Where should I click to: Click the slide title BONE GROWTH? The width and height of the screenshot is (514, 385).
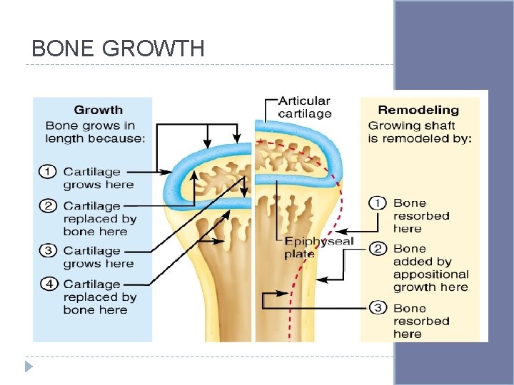(119, 48)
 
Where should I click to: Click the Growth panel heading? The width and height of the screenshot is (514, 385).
(98, 110)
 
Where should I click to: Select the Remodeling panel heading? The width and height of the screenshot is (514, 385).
(418, 110)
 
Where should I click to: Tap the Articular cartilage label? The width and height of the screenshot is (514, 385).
(304, 108)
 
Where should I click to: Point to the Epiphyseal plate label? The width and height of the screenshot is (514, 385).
(318, 247)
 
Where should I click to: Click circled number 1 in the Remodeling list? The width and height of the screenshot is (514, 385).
(376, 203)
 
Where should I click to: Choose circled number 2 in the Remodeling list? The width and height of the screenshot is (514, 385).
(376, 249)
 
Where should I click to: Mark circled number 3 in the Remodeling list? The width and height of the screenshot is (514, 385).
(376, 308)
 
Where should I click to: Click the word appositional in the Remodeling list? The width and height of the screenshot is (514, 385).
(430, 274)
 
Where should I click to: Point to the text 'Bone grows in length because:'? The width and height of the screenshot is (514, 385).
(95, 132)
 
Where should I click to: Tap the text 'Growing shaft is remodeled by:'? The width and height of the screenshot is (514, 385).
(420, 132)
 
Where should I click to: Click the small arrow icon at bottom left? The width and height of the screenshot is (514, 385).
(28, 366)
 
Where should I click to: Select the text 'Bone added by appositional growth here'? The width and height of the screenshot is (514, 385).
(430, 268)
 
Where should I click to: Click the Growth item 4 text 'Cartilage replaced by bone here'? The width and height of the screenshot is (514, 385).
(99, 297)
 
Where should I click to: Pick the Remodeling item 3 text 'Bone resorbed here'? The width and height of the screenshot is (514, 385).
(420, 321)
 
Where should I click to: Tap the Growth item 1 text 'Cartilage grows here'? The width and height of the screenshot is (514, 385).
(98, 178)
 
